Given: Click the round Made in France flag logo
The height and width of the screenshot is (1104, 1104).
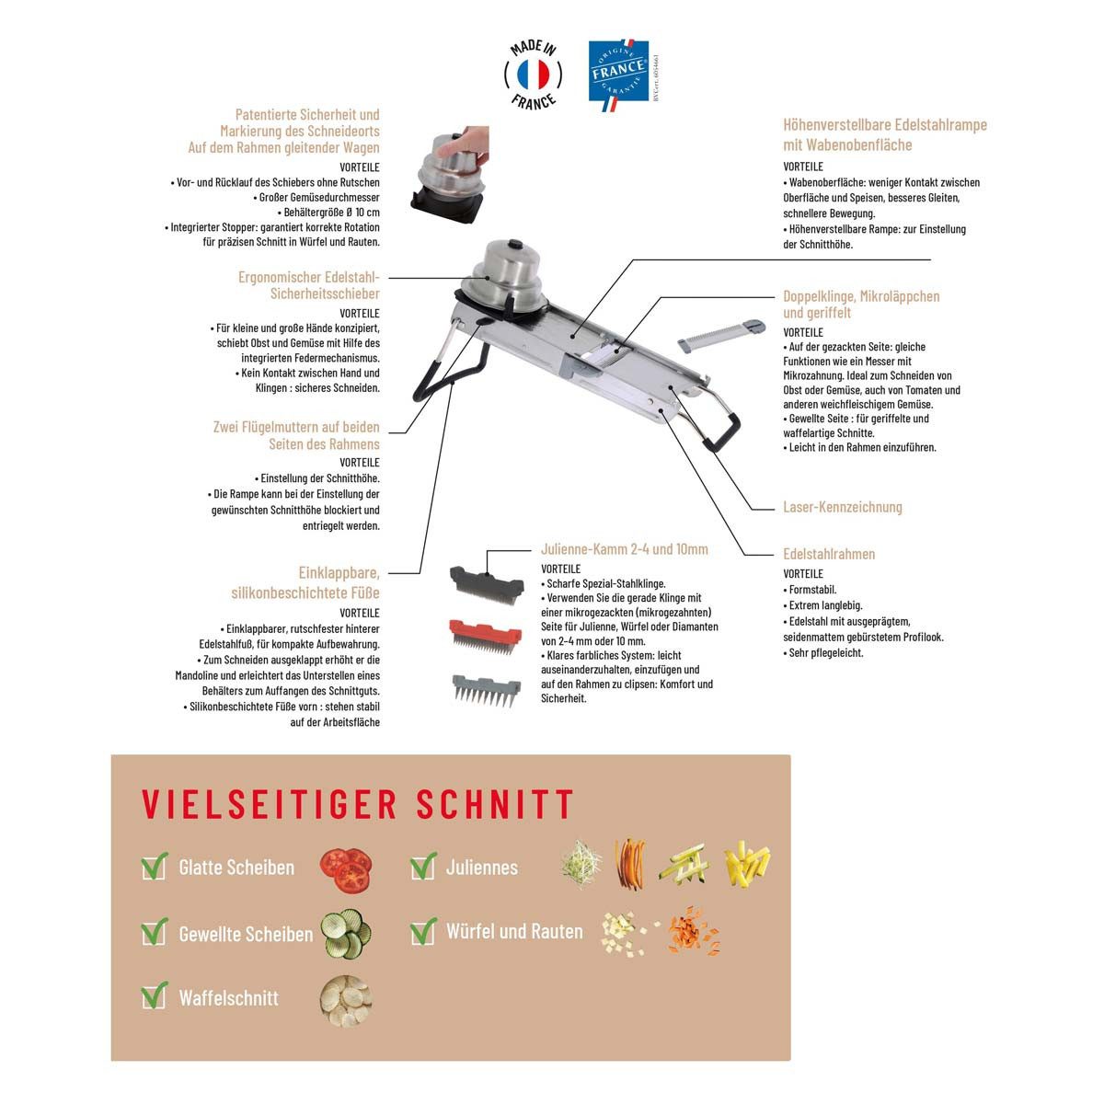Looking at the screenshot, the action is click(533, 75).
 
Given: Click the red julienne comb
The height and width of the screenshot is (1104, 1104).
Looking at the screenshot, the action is click(485, 635).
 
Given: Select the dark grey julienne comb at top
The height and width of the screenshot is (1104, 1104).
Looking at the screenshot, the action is click(487, 584).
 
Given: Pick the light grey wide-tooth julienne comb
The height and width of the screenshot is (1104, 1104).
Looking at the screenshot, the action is click(486, 690).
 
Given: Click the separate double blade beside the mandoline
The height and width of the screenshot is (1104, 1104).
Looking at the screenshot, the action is click(721, 336).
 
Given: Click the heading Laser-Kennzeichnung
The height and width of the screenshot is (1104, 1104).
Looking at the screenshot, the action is click(842, 507).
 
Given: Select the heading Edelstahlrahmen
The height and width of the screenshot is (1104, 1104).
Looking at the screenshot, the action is click(829, 554).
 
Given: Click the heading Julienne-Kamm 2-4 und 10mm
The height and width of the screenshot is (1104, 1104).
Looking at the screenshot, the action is click(625, 549).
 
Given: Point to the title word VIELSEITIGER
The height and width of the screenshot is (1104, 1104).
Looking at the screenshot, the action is click(270, 804).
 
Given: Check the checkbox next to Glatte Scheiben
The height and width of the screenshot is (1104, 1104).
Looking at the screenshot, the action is click(154, 867).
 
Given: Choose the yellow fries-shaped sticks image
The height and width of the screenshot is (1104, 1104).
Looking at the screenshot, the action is click(747, 864).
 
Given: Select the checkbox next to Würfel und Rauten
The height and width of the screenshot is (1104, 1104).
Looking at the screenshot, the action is click(423, 931).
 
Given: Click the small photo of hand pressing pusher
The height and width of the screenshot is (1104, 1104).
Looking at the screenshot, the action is click(450, 175).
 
